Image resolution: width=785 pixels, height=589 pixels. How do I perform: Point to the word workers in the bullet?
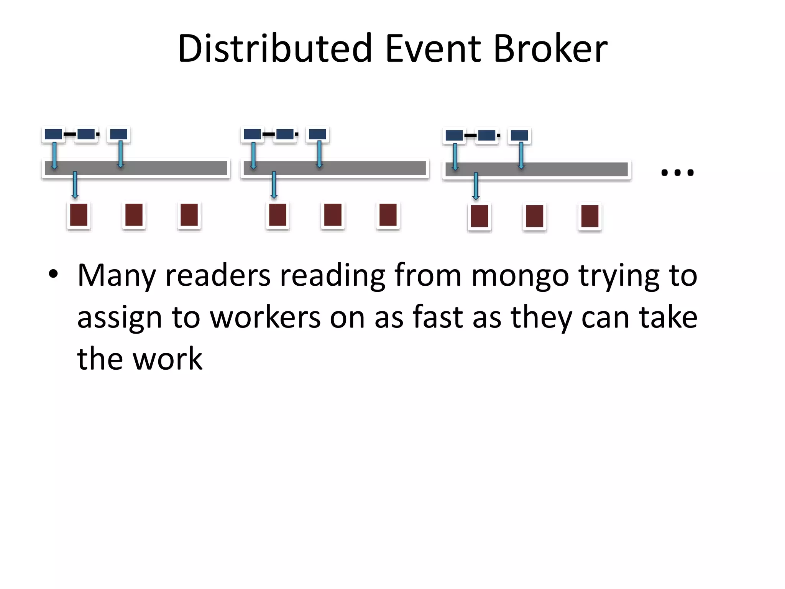(265, 318)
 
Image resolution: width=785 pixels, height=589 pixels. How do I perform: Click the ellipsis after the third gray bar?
(677, 173)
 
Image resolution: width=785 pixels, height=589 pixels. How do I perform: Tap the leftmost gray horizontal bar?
(136, 168)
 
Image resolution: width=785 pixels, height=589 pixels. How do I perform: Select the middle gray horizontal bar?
(335, 168)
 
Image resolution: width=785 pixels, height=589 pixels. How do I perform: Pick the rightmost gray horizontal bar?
(537, 169)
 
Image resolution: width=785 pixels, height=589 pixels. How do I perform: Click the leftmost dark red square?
(79, 215)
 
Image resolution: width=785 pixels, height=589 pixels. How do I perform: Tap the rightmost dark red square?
(590, 216)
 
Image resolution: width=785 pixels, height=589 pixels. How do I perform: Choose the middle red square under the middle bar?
(333, 215)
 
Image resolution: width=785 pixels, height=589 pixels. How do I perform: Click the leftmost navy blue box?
(53, 134)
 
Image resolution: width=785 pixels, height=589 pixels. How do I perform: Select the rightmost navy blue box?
(519, 135)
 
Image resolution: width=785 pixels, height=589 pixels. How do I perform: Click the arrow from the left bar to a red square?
(75, 185)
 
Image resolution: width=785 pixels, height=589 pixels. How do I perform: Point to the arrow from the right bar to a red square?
(476, 186)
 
